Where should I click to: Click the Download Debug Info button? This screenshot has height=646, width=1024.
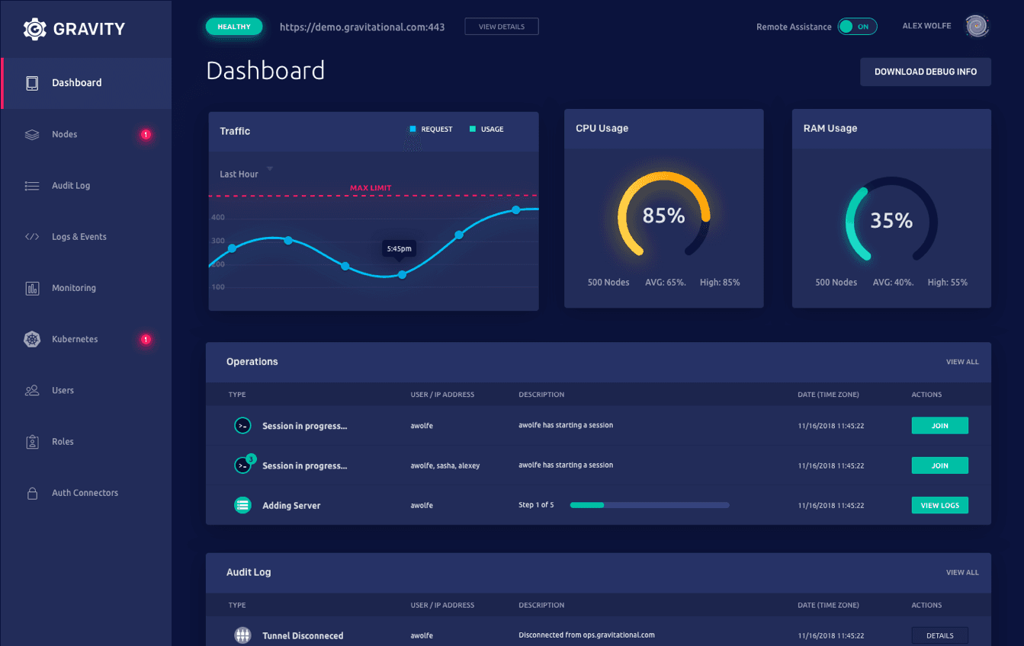(925, 72)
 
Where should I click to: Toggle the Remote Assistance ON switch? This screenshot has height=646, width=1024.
(857, 27)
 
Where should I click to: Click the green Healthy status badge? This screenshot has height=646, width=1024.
(234, 27)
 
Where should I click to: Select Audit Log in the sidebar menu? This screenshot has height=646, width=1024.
(71, 186)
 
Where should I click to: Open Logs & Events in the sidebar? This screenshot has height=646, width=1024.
(79, 237)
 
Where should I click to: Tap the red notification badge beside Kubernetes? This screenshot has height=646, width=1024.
(146, 339)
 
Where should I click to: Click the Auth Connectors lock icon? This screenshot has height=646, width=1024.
(32, 494)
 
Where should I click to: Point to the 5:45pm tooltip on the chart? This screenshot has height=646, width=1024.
(399, 248)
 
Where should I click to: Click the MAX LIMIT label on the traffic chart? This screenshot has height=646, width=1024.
(371, 188)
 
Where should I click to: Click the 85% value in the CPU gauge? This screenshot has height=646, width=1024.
(663, 216)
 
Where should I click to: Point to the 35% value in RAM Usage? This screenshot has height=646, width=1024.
(891, 221)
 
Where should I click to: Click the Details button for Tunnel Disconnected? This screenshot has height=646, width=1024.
(939, 635)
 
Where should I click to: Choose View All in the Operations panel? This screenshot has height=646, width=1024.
(962, 362)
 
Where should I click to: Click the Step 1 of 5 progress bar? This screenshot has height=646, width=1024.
(650, 505)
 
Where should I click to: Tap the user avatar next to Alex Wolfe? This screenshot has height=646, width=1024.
(977, 27)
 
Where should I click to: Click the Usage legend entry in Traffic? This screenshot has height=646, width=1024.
(487, 130)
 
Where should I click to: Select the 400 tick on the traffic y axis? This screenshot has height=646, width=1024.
(218, 218)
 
